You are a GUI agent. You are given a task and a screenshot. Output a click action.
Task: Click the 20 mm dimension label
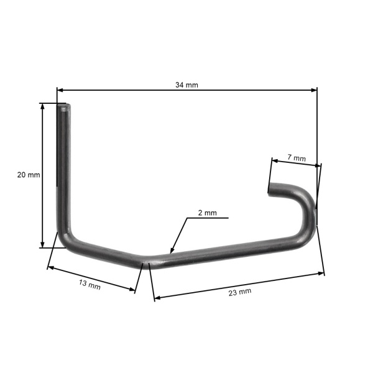click(29, 175)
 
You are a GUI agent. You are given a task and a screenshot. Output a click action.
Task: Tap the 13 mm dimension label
click(90, 285)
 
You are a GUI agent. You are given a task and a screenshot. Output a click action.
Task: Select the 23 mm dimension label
click(239, 292)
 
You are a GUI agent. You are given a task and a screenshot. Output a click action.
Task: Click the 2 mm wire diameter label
click(207, 213)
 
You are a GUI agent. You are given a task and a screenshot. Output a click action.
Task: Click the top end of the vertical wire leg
click(65, 108)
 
